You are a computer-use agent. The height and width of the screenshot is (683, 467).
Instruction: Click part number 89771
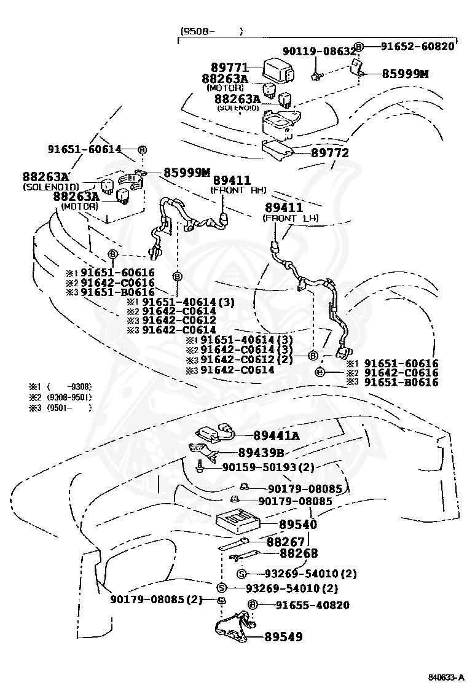pyautogui.click(x=229, y=67)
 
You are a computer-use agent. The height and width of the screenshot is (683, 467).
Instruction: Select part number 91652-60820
pyautogui.click(x=417, y=46)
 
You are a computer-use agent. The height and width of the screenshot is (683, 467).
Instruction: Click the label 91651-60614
pyautogui.click(x=84, y=149)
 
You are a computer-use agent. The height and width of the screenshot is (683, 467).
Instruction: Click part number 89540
pyautogui.click(x=298, y=525)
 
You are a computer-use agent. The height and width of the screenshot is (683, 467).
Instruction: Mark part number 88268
pyautogui.click(x=299, y=553)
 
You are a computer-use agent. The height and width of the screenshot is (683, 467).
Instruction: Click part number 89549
pyautogui.click(x=283, y=637)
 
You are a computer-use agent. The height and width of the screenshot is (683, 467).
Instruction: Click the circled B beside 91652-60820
pyautogui.click(x=359, y=46)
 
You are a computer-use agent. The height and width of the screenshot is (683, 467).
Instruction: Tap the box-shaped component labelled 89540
pyautogui.click(x=237, y=521)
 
